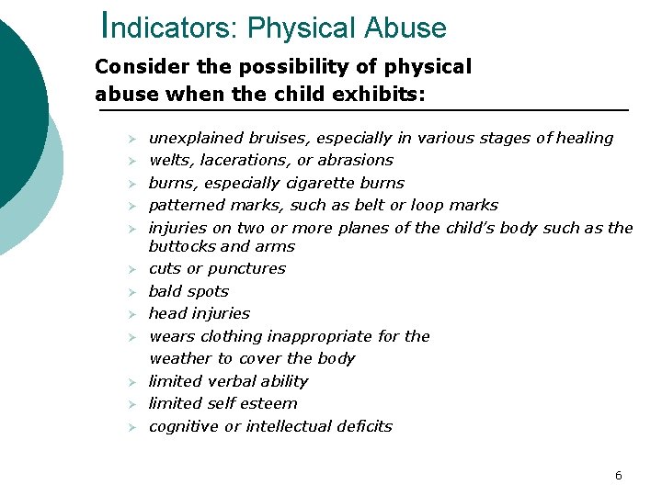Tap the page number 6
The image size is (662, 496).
[x=618, y=475]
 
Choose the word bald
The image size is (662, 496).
[x=165, y=291]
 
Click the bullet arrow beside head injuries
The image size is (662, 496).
[x=131, y=315]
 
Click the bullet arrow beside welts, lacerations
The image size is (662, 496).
[x=131, y=162]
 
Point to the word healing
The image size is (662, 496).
[x=586, y=138]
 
